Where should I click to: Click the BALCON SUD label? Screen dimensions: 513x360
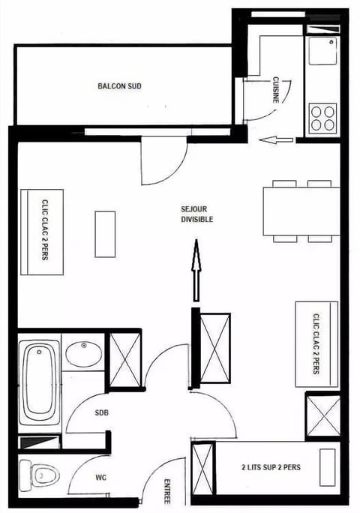point(120,86)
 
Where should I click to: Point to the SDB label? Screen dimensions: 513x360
point(102,413)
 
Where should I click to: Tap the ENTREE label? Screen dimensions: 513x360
point(166,491)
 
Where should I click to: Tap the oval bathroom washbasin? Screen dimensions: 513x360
point(83,353)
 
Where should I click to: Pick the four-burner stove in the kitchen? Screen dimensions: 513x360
point(322,118)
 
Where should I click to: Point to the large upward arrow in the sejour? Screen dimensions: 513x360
point(196,270)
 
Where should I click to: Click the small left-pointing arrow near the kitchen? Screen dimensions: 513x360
point(283,139)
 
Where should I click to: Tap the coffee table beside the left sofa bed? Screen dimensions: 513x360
point(105,234)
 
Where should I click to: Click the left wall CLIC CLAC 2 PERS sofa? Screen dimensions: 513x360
point(42,232)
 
